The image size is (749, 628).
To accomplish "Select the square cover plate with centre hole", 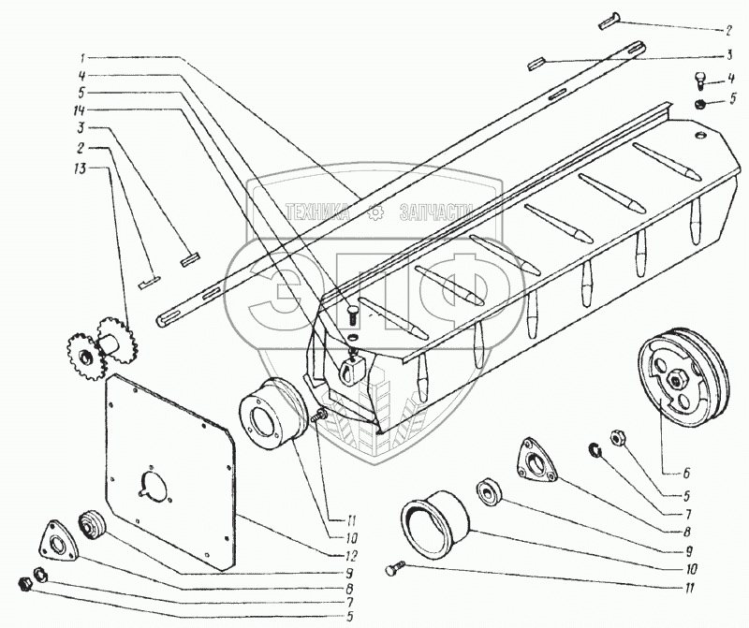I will tap(169, 468).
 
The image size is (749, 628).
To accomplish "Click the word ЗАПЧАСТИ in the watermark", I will tap(434, 212).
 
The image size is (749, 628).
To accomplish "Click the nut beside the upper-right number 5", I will tap(701, 103).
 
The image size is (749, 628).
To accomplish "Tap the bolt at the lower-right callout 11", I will tap(395, 567).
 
